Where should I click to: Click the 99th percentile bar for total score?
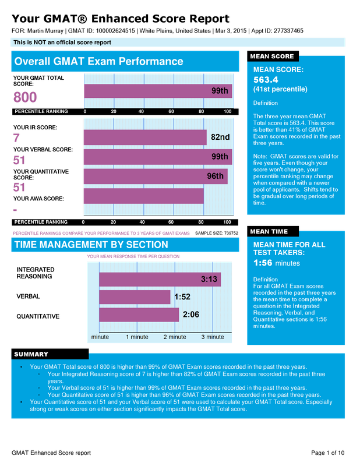[157, 91]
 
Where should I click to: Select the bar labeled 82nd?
[144, 137]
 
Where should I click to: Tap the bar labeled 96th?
[155, 176]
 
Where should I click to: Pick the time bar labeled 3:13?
[160, 280]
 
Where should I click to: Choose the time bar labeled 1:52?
[135, 297]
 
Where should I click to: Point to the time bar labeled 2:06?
[139, 315]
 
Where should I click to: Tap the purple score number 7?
[16, 138]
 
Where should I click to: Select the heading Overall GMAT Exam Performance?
[98, 62]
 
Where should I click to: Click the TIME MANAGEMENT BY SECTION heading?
[91, 245]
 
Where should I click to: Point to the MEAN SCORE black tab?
[272, 57]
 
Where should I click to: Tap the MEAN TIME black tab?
[269, 231]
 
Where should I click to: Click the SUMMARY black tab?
[31, 354]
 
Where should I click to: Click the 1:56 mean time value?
[263, 263]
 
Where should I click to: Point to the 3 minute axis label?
[213, 337]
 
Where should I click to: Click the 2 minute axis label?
[175, 337]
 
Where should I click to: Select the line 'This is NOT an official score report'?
[62, 43]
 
